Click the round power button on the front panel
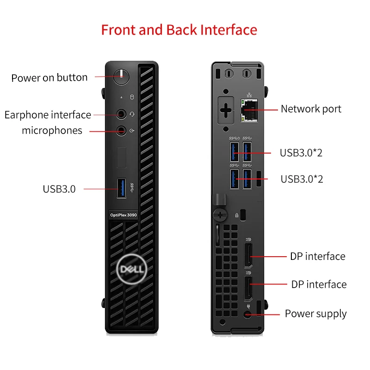coord(120,76)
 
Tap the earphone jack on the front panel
coord(121,114)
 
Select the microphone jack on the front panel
coord(121,131)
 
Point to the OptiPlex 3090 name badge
coord(123,215)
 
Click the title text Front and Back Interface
coord(179,30)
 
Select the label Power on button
coord(49,78)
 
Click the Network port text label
coord(311,109)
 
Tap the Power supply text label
coord(315,314)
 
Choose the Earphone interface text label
coord(48,115)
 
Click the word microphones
coord(52,131)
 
